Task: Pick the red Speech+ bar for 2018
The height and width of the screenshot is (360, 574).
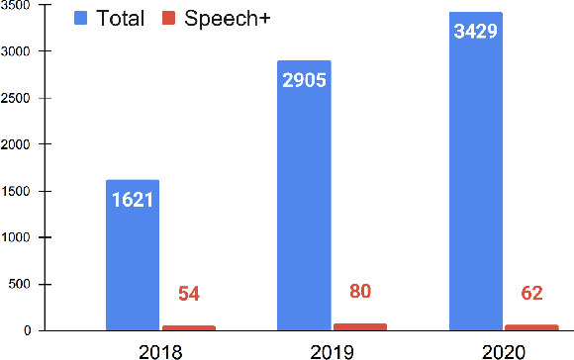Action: tap(188, 327)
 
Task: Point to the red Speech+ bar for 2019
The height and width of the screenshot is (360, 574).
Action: tap(359, 326)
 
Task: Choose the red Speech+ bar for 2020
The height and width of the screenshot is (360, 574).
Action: tap(530, 327)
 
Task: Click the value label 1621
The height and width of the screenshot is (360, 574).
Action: tap(133, 200)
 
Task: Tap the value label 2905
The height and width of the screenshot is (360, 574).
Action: tap(304, 81)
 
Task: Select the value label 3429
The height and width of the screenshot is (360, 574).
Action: tap(475, 32)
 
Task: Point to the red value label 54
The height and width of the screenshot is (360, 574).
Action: tap(189, 294)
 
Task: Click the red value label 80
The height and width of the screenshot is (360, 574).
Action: tap(360, 291)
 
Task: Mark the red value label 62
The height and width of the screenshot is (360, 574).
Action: tap(531, 293)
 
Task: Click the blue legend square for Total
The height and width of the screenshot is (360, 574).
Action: tap(81, 17)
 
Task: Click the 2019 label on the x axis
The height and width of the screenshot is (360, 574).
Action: tap(332, 348)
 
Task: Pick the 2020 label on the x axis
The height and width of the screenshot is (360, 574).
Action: tap(503, 348)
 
